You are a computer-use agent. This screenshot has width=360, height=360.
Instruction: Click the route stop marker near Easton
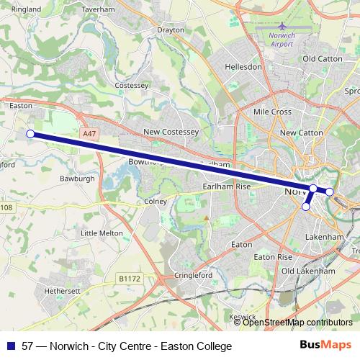pyautogui.click(x=30, y=133)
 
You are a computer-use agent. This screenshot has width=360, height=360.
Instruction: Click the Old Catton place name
pyautogui.click(x=320, y=58)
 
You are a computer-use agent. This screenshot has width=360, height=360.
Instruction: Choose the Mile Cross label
pyautogui.click(x=272, y=112)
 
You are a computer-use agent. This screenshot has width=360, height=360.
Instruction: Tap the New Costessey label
pyautogui.click(x=171, y=132)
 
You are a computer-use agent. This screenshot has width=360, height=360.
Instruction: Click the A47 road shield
pyautogui.click(x=89, y=133)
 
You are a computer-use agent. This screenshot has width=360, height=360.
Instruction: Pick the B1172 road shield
pyautogui.click(x=130, y=278)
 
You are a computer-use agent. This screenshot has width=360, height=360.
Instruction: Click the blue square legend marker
pyautogui.click(x=9, y=346)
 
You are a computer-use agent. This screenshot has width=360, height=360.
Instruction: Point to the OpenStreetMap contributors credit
pyautogui.click(x=297, y=322)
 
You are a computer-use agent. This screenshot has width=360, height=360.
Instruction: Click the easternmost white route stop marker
pyautogui.click(x=329, y=192)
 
